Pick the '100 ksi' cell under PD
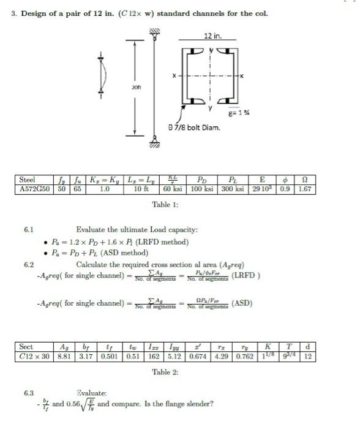(204, 189)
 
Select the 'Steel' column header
(27, 180)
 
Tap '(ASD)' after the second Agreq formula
(242, 303)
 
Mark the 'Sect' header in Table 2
(26, 347)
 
